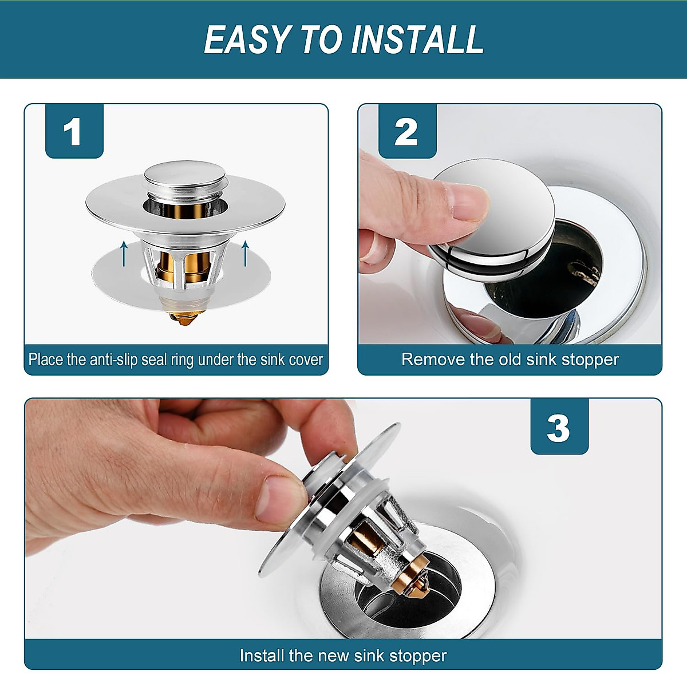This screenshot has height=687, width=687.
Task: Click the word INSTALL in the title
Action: (x=418, y=40)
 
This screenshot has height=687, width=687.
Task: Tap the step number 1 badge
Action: (x=73, y=132)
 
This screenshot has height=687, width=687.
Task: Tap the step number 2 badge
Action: (x=406, y=132)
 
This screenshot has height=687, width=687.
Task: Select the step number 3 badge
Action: (x=559, y=428)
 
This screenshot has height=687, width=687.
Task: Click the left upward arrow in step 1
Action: (x=124, y=253)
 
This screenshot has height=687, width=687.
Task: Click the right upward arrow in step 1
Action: (x=246, y=253)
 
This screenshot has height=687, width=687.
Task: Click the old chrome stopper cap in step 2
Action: (x=504, y=212)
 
